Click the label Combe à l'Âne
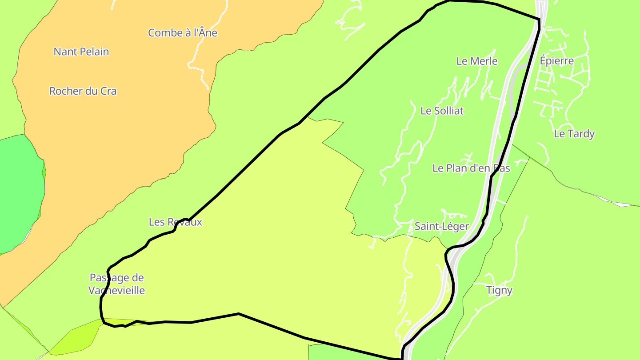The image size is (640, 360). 183,33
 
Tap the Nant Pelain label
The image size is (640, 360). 81,52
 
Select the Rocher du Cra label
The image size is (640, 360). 83,92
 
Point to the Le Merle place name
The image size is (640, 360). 477,61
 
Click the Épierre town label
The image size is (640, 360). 557,61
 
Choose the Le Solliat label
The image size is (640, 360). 442,111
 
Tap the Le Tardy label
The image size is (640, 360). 574,134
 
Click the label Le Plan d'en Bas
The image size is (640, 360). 471,168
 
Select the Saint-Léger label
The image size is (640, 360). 441,227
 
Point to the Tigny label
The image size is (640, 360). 499,291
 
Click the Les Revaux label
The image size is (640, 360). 176,222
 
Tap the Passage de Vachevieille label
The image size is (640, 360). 117,284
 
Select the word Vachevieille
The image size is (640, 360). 117,291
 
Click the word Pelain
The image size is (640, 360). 95,52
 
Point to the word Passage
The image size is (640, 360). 117,278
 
